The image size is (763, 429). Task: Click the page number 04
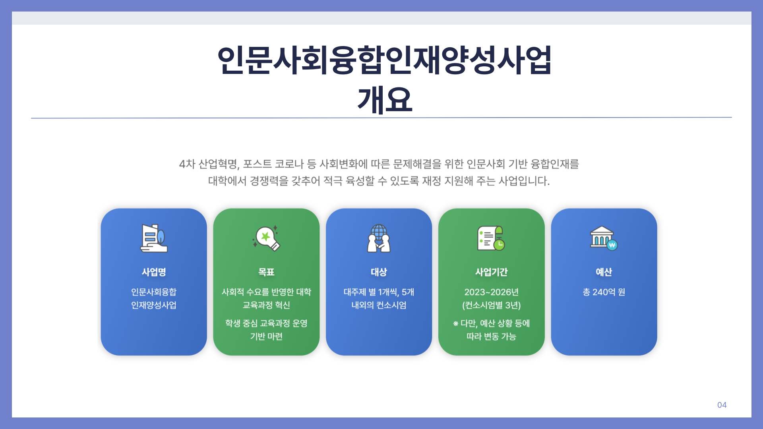coord(722,405)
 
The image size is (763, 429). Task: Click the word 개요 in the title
coord(385,100)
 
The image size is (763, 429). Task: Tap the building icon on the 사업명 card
coord(154,238)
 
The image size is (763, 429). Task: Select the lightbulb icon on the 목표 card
coord(266,238)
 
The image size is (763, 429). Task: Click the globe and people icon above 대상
coord(379,238)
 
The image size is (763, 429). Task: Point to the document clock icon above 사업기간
coord(491,238)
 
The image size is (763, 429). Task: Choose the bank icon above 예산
coord(604,238)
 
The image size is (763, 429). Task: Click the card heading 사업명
coord(154,272)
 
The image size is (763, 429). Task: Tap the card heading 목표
coord(266,272)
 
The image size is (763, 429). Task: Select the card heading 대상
coord(379,272)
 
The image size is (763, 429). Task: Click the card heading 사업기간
coord(492,272)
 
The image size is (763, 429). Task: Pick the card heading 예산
coord(604,272)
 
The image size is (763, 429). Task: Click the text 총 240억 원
coord(604,292)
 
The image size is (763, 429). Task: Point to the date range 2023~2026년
coord(492,292)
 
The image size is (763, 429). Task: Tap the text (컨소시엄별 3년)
coord(492,305)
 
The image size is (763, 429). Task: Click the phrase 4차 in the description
coord(187,164)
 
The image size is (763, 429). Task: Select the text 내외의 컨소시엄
coord(379,305)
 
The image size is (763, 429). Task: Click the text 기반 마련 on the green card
coord(266,336)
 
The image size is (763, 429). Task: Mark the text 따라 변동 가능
coord(491,336)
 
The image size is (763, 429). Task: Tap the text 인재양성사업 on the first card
coord(154,305)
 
